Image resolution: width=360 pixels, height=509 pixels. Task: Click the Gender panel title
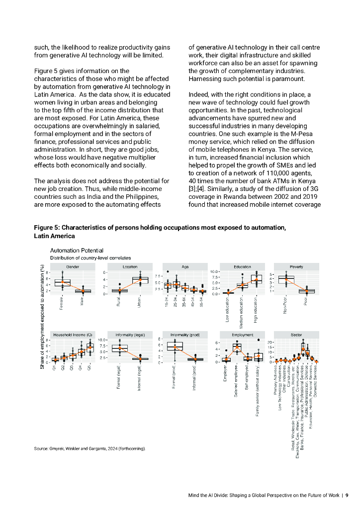pos(73,267)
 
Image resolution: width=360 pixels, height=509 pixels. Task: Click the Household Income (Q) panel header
pos(73,336)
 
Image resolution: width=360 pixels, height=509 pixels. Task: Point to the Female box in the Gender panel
pos(62,282)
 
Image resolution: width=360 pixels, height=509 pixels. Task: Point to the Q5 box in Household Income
pos(90,347)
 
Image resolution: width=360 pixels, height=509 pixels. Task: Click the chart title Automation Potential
pos(76,250)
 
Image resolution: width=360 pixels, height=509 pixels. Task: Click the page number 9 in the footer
pos(347,495)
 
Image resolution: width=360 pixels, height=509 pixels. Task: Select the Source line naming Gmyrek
pos(90,449)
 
